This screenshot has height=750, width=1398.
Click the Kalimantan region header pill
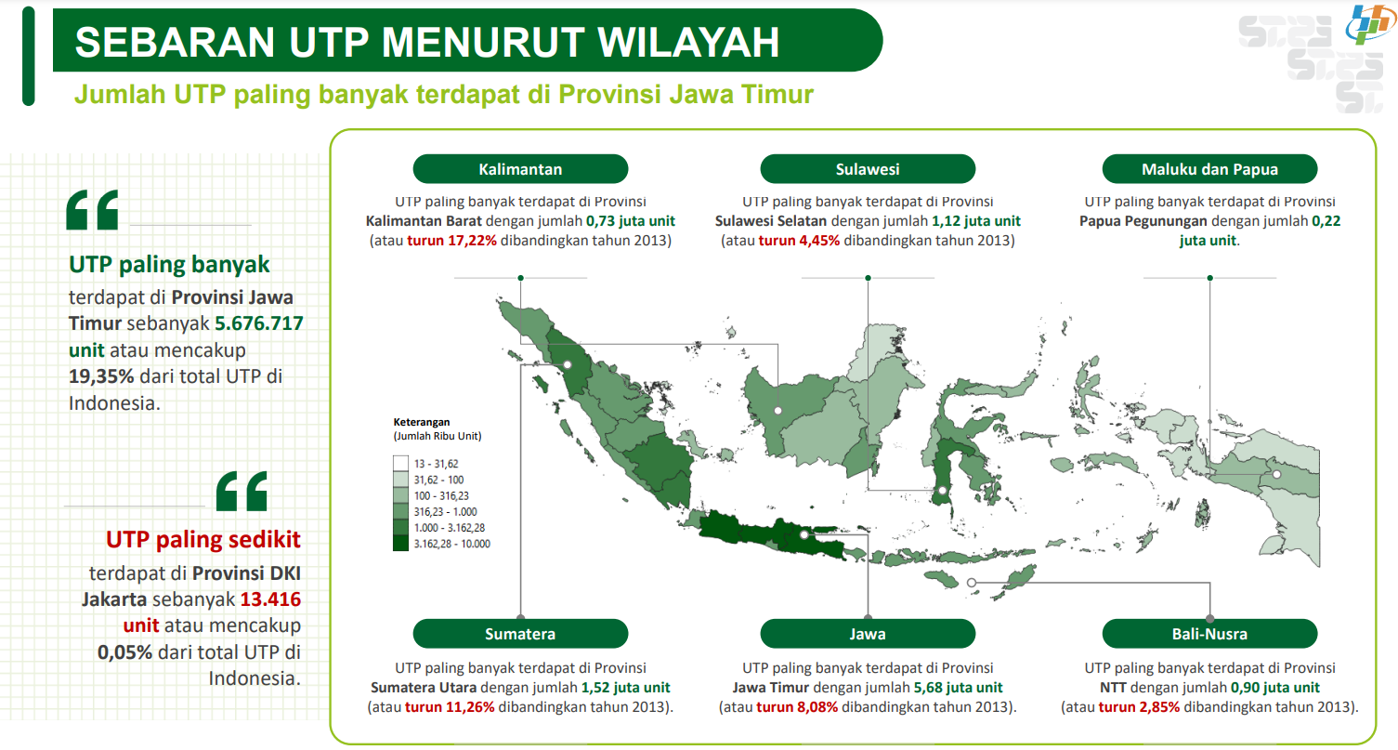click(520, 168)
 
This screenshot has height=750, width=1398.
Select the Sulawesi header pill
click(868, 168)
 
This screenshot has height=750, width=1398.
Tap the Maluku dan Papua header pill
click(1209, 168)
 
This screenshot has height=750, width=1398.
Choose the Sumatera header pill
click(520, 633)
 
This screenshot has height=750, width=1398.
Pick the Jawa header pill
click(868, 633)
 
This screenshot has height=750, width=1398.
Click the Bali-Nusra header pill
click(1209, 633)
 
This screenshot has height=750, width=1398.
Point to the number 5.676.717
click(259, 322)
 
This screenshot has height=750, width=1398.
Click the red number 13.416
click(270, 599)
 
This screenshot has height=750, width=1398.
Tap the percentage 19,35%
click(101, 376)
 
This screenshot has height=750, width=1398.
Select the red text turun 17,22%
click(451, 241)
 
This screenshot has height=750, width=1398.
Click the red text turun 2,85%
click(1139, 707)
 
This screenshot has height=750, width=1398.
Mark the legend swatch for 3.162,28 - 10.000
click(400, 544)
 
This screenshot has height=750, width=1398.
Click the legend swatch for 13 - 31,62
click(400, 464)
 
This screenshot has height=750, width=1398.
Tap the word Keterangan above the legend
click(422, 422)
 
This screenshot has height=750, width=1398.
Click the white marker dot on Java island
click(804, 535)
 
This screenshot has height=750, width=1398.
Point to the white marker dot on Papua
click(1277, 475)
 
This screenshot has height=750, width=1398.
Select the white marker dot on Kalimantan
click(777, 410)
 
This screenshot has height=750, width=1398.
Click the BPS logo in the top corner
click(1369, 24)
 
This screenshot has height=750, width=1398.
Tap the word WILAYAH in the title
click(688, 43)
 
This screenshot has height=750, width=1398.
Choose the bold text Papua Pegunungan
click(1143, 221)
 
